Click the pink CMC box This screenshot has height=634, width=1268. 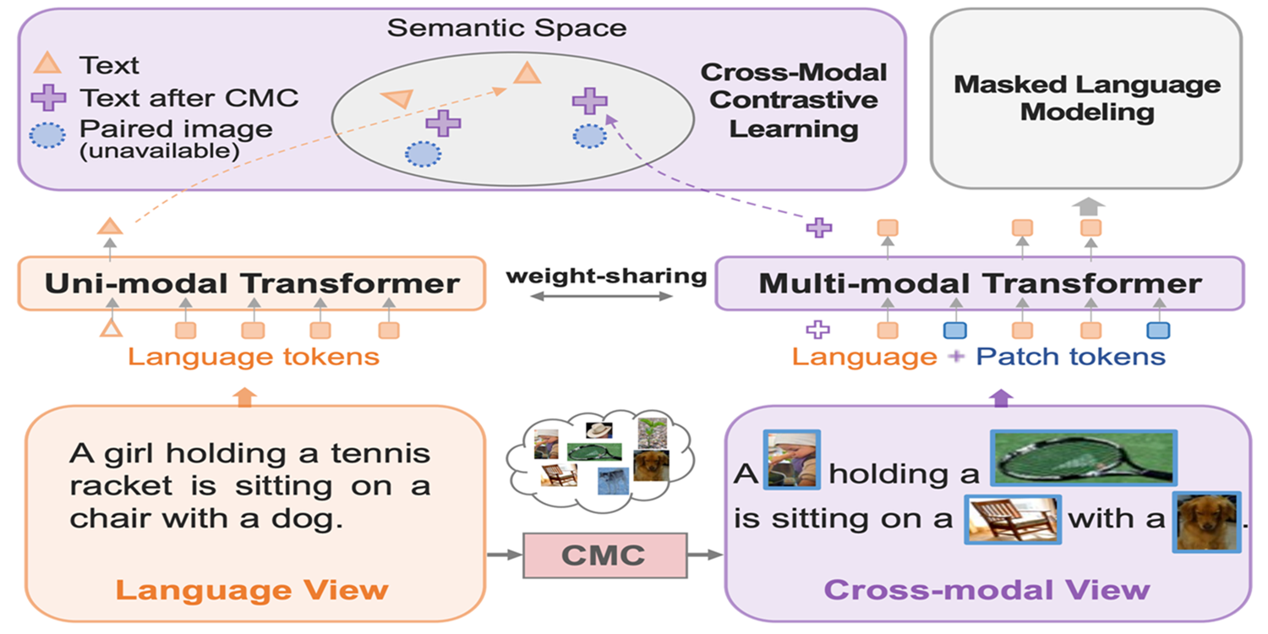tap(604, 555)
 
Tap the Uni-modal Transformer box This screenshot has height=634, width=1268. tap(252, 283)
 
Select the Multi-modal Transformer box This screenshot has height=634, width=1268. tap(980, 283)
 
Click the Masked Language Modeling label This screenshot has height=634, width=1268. tap(1087, 98)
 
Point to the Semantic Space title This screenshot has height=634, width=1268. tap(506, 28)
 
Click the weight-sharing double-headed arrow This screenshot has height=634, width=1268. tap(601, 296)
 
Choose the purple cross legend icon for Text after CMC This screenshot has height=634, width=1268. tap(49, 98)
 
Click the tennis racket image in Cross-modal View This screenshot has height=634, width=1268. tap(1084, 458)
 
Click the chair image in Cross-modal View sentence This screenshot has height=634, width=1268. tap(1013, 520)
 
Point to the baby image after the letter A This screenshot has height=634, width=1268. tap(792, 460)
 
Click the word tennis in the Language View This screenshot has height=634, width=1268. tap(380, 453)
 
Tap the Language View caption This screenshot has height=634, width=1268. tap(252, 590)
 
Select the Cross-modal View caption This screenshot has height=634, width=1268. tap(987, 590)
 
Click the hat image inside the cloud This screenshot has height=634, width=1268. tap(598, 430)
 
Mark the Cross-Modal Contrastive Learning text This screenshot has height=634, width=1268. tap(794, 101)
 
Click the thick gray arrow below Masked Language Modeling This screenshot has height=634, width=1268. tap(1088, 206)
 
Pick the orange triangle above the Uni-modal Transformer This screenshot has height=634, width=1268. tap(110, 227)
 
